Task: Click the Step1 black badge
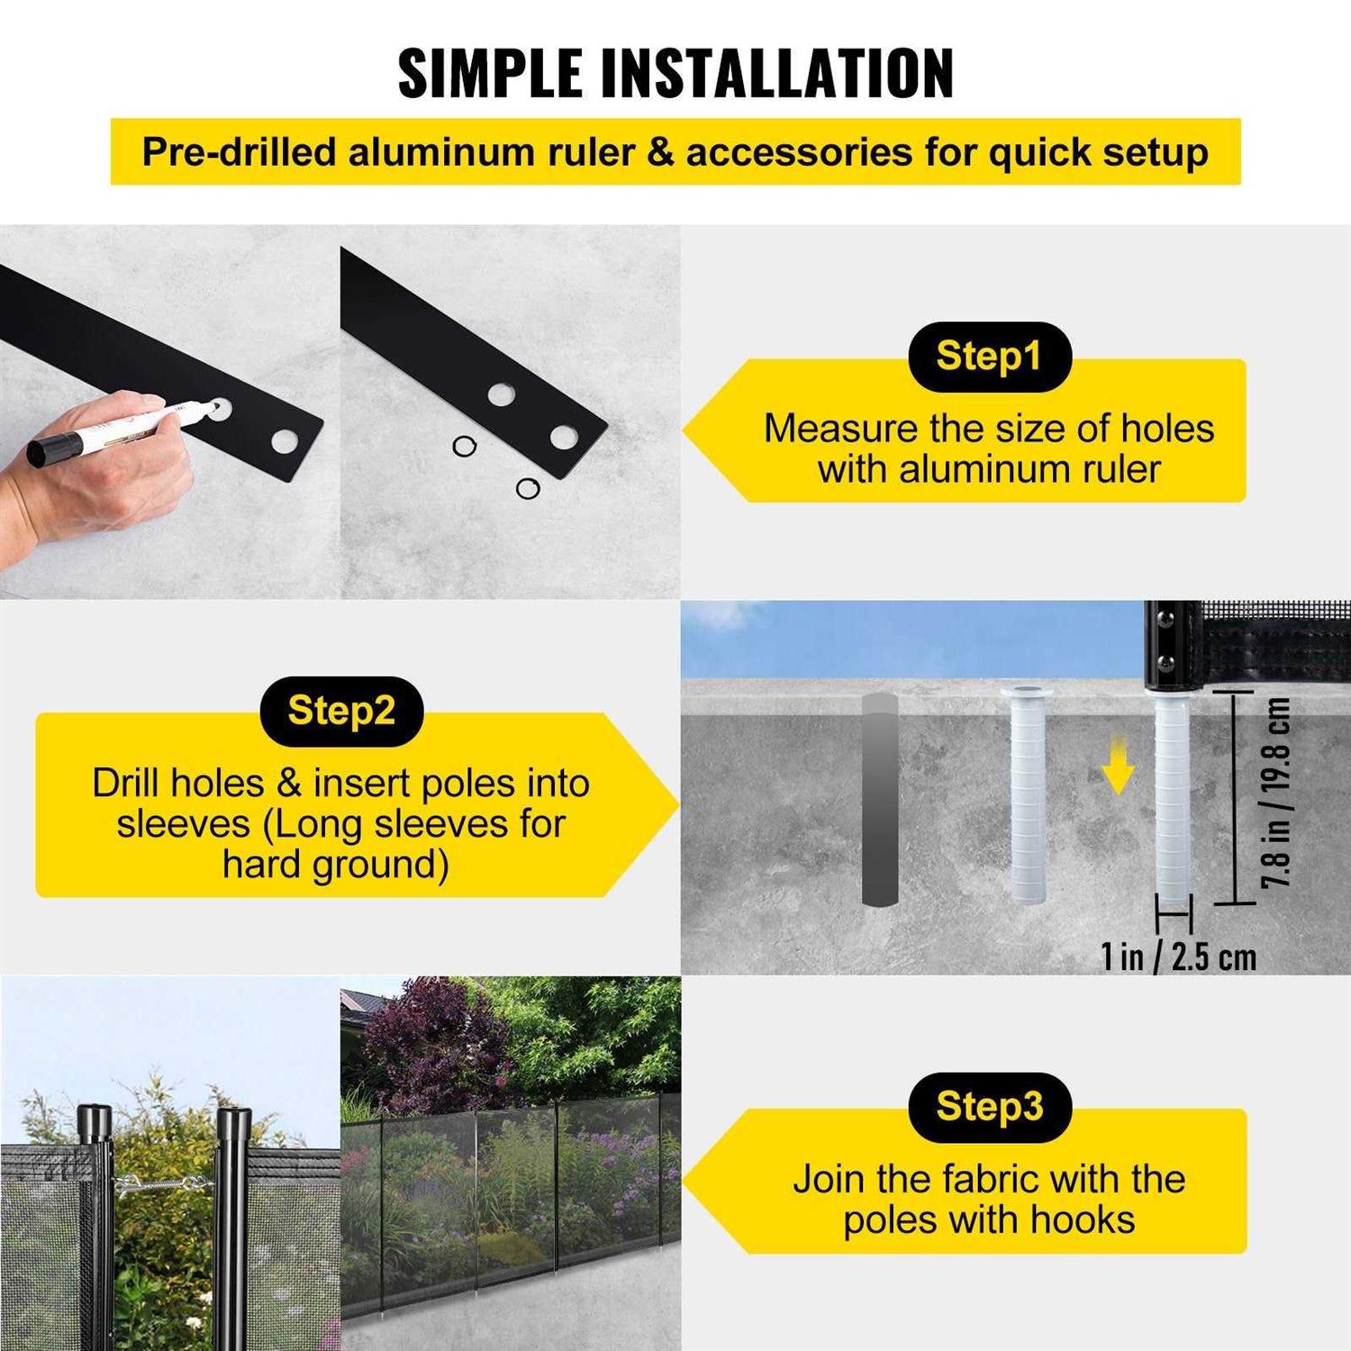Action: pyautogui.click(x=989, y=357)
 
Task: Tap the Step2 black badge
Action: pyautogui.click(x=341, y=711)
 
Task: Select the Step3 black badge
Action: pyautogui.click(x=989, y=1107)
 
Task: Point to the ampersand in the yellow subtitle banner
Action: pyautogui.click(x=660, y=151)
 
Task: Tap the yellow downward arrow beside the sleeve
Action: pyautogui.click(x=1118, y=764)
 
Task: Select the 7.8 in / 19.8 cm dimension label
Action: pyautogui.click(x=1275, y=793)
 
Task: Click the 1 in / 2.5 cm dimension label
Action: pyautogui.click(x=1178, y=957)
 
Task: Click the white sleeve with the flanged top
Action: pyautogui.click(x=1028, y=793)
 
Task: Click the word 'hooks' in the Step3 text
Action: pyautogui.click(x=1083, y=1220)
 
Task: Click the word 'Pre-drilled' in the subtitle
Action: pyautogui.click(x=239, y=151)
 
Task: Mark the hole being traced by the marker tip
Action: pyautogui.click(x=219, y=409)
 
